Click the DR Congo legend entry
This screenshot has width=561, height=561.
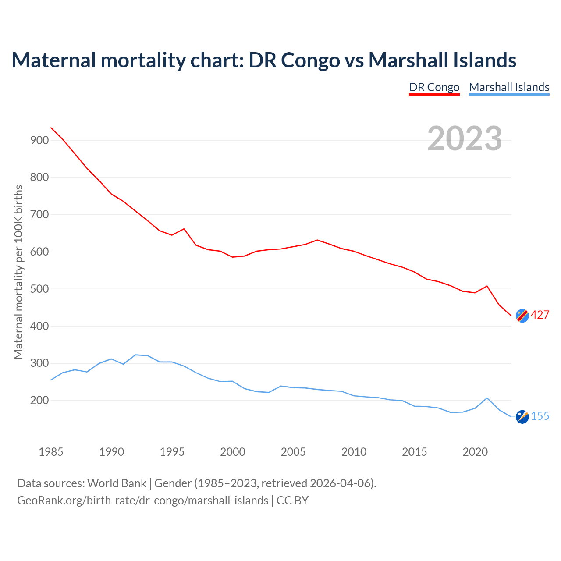click(x=434, y=87)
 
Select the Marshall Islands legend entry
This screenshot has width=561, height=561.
click(x=509, y=87)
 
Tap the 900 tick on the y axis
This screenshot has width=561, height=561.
click(x=39, y=140)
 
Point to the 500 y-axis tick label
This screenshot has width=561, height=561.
click(x=39, y=289)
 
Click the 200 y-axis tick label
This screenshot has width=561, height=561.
click(x=39, y=401)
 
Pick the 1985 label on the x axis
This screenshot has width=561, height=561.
click(x=51, y=452)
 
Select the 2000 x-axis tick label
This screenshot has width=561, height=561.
click(x=233, y=452)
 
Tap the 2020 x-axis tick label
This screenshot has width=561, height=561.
click(x=475, y=452)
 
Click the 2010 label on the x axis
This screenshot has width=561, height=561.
click(x=354, y=452)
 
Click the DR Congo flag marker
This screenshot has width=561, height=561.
click(x=522, y=316)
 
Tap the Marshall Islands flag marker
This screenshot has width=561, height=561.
click(x=522, y=417)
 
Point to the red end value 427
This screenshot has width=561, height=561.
click(x=540, y=315)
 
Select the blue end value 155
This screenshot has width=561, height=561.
click(x=540, y=416)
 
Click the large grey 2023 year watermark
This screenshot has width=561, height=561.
click(x=465, y=138)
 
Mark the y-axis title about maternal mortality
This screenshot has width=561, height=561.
click(x=18, y=272)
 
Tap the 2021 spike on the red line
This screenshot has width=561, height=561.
click(x=487, y=286)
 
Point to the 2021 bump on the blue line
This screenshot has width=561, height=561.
click(x=487, y=398)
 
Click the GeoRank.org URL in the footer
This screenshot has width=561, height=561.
click(x=142, y=500)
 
